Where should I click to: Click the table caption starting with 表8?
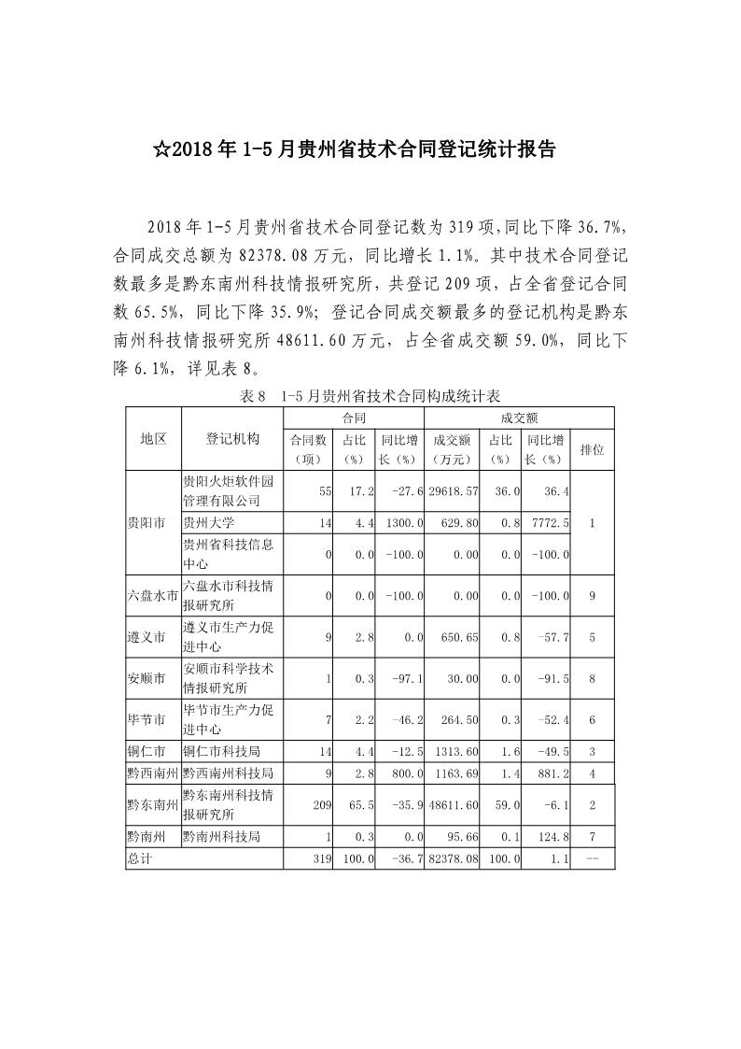coord(370,396)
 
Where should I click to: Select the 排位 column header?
coord(592,448)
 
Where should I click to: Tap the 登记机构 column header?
coord(232,438)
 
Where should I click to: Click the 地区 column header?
coord(153,438)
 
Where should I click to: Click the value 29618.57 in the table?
coord(452,490)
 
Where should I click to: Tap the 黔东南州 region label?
coord(153,804)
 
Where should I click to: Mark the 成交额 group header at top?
coord(519,418)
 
